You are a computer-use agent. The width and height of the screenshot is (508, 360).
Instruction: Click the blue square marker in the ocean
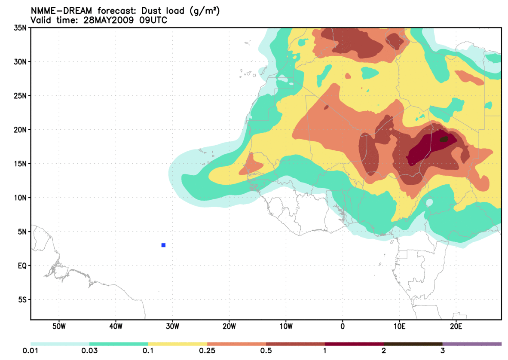click(x=163, y=245)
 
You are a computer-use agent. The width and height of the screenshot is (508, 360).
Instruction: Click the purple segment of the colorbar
click(x=472, y=344)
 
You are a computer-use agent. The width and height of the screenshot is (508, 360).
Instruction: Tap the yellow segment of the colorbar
click(x=177, y=344)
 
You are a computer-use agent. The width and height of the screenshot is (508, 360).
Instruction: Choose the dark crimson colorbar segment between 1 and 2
click(x=354, y=344)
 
